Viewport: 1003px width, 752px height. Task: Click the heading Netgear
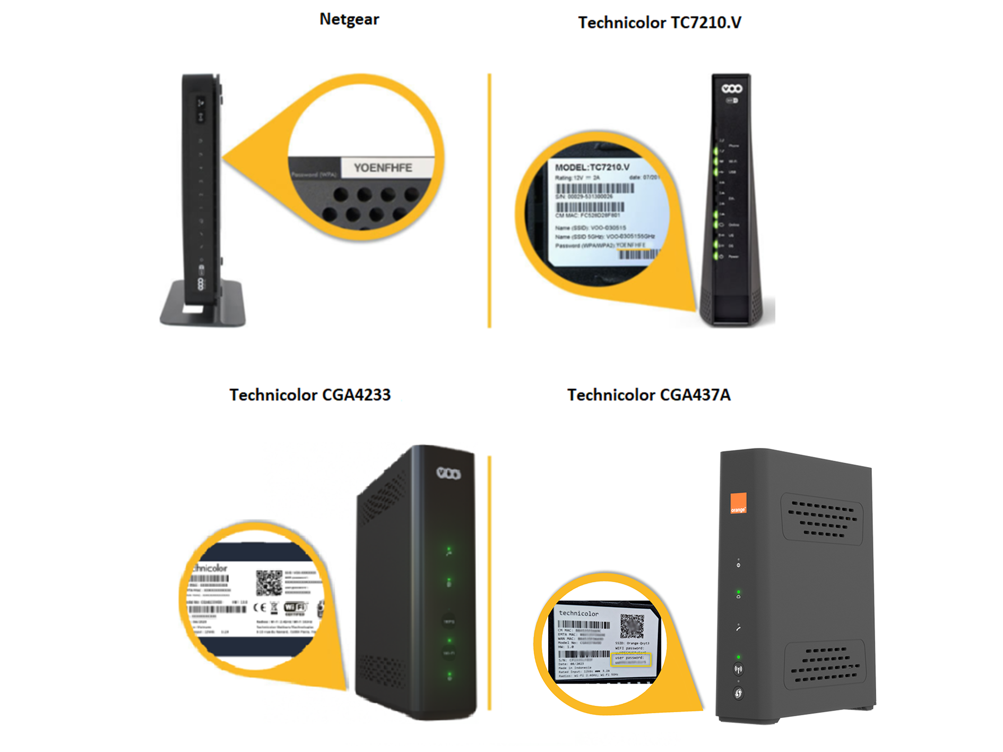point(349,20)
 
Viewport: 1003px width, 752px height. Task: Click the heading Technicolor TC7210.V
point(659,23)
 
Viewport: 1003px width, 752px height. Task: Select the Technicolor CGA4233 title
point(310,395)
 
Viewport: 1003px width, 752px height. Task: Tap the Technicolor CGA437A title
point(649,395)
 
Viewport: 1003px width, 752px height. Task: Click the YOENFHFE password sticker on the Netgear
point(384,168)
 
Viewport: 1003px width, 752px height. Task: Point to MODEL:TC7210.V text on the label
point(592,167)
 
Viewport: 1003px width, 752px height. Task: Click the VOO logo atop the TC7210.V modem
point(731,89)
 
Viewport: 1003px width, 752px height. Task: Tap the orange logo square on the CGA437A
point(738,503)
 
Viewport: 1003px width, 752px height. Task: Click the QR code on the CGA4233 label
point(269,583)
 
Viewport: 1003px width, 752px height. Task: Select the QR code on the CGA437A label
point(632,626)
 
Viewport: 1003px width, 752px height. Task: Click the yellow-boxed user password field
point(630,660)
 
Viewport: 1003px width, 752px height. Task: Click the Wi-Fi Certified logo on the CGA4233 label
point(295,607)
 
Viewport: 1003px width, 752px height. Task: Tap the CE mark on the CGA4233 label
point(260,608)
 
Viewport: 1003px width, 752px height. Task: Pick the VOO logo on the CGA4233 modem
point(448,472)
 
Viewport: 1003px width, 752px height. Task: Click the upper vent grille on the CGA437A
point(822,519)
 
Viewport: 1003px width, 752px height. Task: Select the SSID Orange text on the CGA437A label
point(632,643)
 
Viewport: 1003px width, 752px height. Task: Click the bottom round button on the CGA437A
point(738,693)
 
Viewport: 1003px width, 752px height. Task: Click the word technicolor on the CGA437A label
point(578,613)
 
